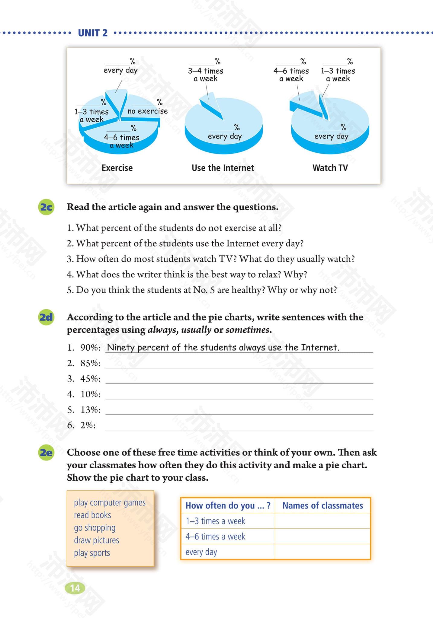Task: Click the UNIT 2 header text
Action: coord(93,33)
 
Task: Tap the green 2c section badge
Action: coord(46,208)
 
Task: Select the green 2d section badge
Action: coord(46,317)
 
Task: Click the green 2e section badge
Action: coord(46,453)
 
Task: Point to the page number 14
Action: coord(75,588)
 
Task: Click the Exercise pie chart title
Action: coord(117,168)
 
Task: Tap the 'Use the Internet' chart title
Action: coord(223,168)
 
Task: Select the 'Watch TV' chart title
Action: coord(330,168)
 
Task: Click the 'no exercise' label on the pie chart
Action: coord(147,111)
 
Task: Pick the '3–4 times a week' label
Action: coord(205,75)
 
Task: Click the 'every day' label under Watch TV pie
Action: coord(331,136)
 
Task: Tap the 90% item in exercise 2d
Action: coord(90,348)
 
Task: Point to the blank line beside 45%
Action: coord(239,379)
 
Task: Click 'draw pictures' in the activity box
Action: coord(97,540)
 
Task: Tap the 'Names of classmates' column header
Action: coord(322,506)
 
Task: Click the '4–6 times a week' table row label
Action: coord(215,537)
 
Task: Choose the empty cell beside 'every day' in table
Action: coord(322,552)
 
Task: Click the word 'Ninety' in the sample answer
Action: coord(120,348)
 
